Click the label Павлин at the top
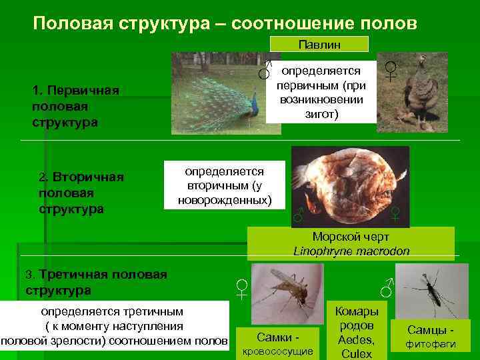click(x=319, y=44)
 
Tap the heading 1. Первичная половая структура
click(x=75, y=107)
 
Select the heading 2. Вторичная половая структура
click(x=81, y=193)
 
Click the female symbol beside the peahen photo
click(x=391, y=70)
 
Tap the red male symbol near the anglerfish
click(x=299, y=214)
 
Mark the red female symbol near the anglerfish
click(x=395, y=213)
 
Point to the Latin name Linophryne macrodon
click(x=351, y=251)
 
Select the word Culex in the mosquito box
click(x=355, y=353)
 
